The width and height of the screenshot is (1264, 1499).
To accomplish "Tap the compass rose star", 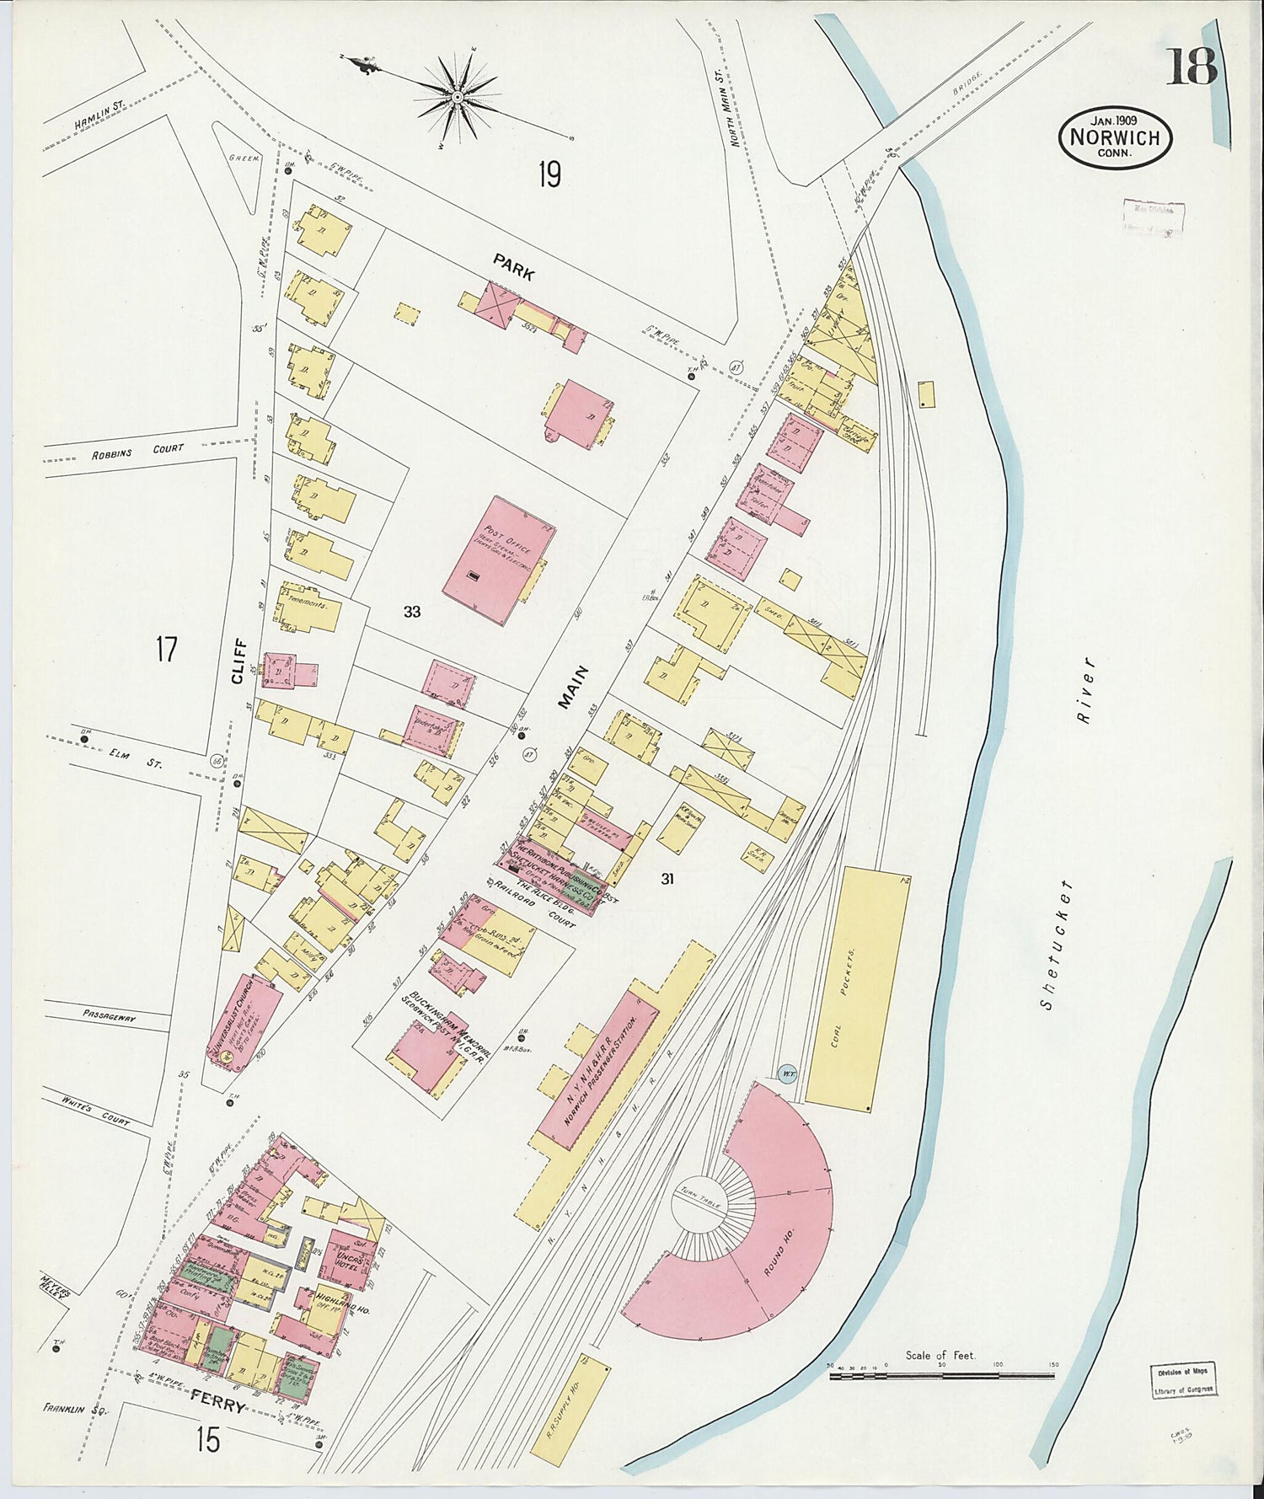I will click(x=457, y=99).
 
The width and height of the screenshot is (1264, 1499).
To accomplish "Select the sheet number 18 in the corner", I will click(x=1191, y=67).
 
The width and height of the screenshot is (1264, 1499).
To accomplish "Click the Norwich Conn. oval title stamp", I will click(x=1114, y=137).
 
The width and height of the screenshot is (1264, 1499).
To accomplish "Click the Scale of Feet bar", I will click(x=941, y=1375).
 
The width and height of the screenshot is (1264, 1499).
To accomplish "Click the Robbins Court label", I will click(x=138, y=451).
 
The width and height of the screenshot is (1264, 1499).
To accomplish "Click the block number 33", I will click(x=411, y=612).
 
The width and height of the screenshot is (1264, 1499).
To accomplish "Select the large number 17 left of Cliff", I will click(x=166, y=650).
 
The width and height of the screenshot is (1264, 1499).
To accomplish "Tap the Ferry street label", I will click(x=217, y=1406).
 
